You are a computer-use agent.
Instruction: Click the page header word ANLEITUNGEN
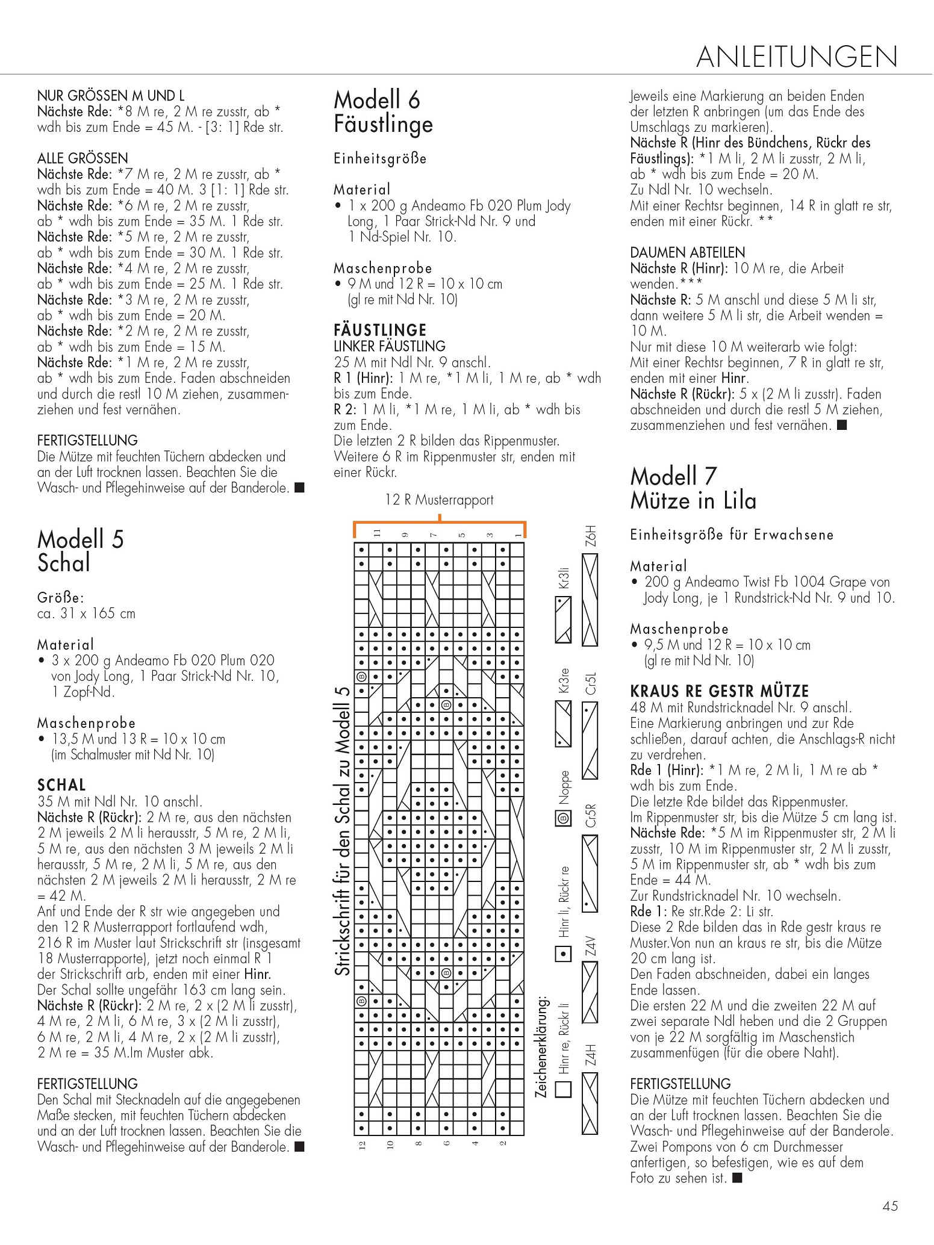(x=796, y=57)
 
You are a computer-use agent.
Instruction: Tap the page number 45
(x=889, y=1206)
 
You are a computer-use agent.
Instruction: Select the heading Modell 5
(x=80, y=539)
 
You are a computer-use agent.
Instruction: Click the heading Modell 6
(x=376, y=100)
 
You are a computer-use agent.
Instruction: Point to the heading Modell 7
(x=673, y=476)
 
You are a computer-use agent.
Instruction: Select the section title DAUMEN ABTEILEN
(x=687, y=252)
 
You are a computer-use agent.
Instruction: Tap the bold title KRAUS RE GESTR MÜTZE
(x=719, y=691)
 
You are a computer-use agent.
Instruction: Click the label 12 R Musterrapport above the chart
(x=439, y=500)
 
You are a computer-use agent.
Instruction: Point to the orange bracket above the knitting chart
(x=440, y=523)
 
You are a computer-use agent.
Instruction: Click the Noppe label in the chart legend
(x=564, y=787)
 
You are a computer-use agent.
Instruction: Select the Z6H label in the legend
(x=591, y=536)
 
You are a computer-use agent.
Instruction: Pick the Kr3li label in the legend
(x=564, y=578)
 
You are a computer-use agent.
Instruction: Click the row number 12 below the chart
(x=362, y=1144)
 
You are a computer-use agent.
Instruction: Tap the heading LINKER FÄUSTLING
(x=389, y=346)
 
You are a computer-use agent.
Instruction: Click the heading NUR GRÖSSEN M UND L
(x=111, y=96)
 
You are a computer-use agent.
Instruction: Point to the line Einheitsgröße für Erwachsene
(x=731, y=535)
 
